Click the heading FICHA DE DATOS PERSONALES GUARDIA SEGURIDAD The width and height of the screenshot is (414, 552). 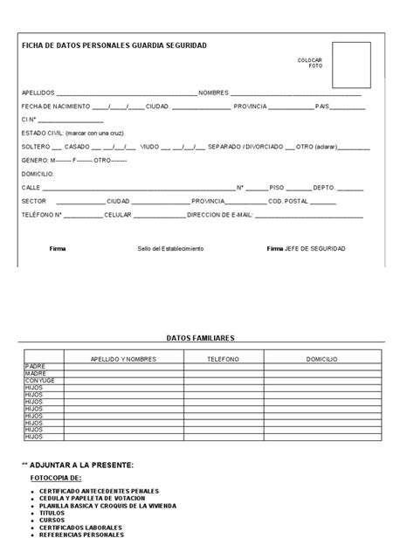pyautogui.click(x=114, y=45)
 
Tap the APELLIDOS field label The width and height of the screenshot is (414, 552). pyautogui.click(x=38, y=93)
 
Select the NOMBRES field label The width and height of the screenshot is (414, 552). pyautogui.click(x=213, y=93)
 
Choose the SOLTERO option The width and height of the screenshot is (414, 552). pyautogui.click(x=36, y=147)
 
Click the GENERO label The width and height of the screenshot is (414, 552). pyautogui.click(x=35, y=161)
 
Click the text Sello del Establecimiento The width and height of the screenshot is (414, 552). pyautogui.click(x=170, y=249)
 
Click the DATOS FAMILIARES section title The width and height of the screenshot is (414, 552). pyautogui.click(x=200, y=337)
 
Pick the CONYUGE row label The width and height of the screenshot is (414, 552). pyautogui.click(x=40, y=381)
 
